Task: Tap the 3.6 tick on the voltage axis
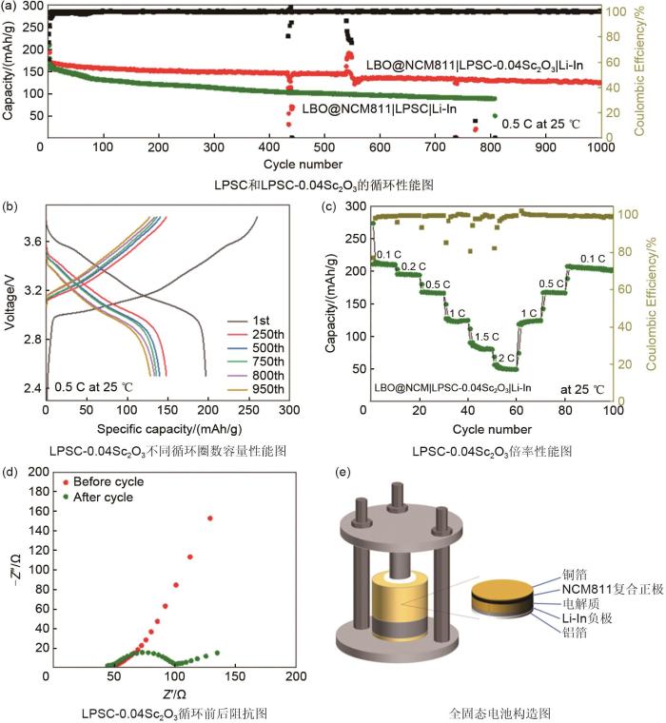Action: [29, 242]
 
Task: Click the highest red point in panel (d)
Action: [209, 518]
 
